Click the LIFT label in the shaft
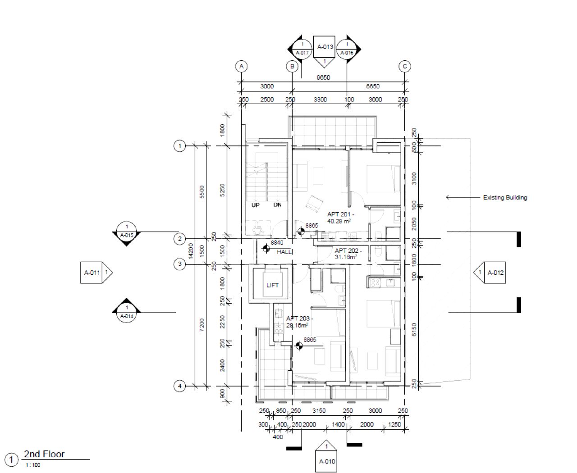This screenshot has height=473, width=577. [x=272, y=285]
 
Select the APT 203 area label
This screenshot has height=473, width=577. [x=299, y=321]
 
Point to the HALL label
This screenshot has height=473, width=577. [x=284, y=252]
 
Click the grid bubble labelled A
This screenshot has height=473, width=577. [x=242, y=67]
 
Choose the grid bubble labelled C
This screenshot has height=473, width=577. [x=404, y=67]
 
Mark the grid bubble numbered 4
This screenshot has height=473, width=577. [x=179, y=386]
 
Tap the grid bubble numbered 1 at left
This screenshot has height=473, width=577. [x=179, y=146]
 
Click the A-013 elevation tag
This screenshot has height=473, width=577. [x=325, y=47]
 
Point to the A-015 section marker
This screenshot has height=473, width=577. [x=127, y=232]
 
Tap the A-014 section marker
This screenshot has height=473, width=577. [x=127, y=312]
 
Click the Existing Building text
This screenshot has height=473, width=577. [x=505, y=197]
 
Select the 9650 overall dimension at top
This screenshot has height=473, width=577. [x=323, y=77]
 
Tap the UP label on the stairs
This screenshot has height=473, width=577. [x=256, y=205]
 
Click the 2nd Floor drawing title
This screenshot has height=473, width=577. [x=44, y=454]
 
